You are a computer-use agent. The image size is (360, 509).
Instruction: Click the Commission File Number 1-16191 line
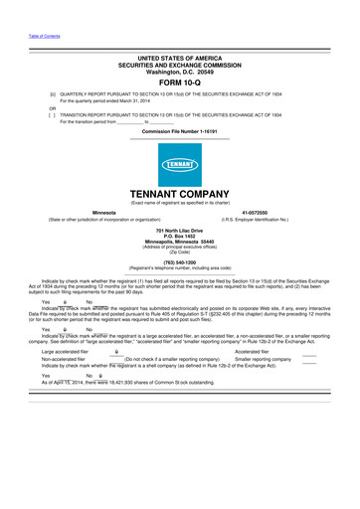tap(179, 131)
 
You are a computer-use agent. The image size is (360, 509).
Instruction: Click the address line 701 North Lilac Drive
tap(180, 231)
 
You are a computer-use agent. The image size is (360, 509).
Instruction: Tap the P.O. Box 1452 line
tap(180, 237)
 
